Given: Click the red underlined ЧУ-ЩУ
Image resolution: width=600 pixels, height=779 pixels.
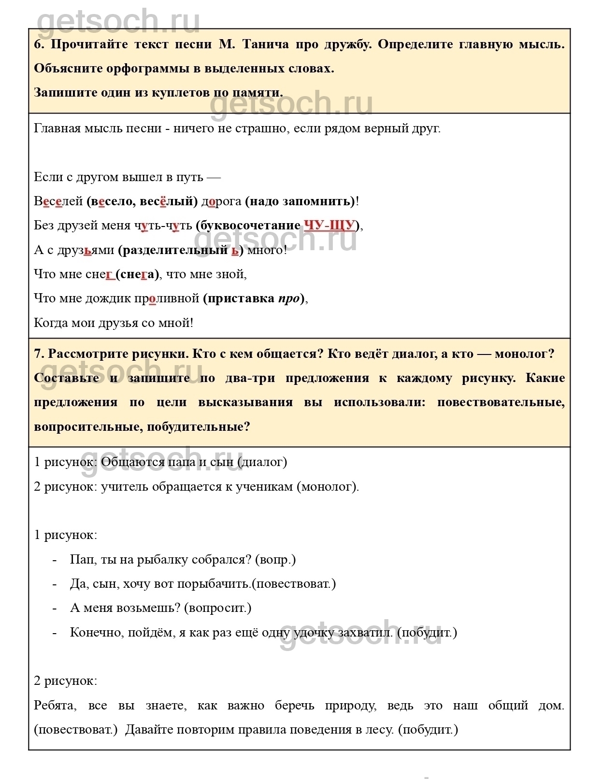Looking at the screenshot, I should click(x=330, y=226).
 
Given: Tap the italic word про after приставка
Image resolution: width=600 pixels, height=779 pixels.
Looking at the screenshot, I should click(x=289, y=298).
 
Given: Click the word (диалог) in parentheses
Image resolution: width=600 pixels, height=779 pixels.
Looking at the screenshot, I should click(x=263, y=462).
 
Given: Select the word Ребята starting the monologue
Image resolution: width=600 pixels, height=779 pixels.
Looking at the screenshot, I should click(x=54, y=706).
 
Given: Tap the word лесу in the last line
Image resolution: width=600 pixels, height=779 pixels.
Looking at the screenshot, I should click(x=379, y=730).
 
